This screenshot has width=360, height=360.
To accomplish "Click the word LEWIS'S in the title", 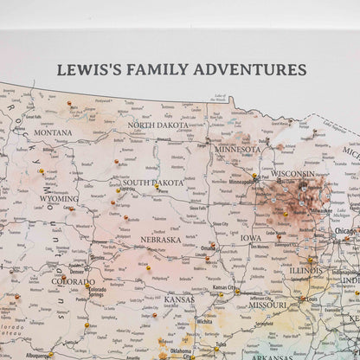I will [87, 68].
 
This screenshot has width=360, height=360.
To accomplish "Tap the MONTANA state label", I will [54, 132].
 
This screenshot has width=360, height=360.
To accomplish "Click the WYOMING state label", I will [58, 198].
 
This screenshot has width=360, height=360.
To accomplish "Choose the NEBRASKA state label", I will [161, 240].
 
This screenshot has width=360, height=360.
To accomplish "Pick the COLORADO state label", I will [73, 281].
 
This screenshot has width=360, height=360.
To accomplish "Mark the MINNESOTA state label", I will [237, 149].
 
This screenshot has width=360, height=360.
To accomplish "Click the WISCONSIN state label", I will [292, 174].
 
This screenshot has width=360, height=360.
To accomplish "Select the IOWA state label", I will [250, 238].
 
